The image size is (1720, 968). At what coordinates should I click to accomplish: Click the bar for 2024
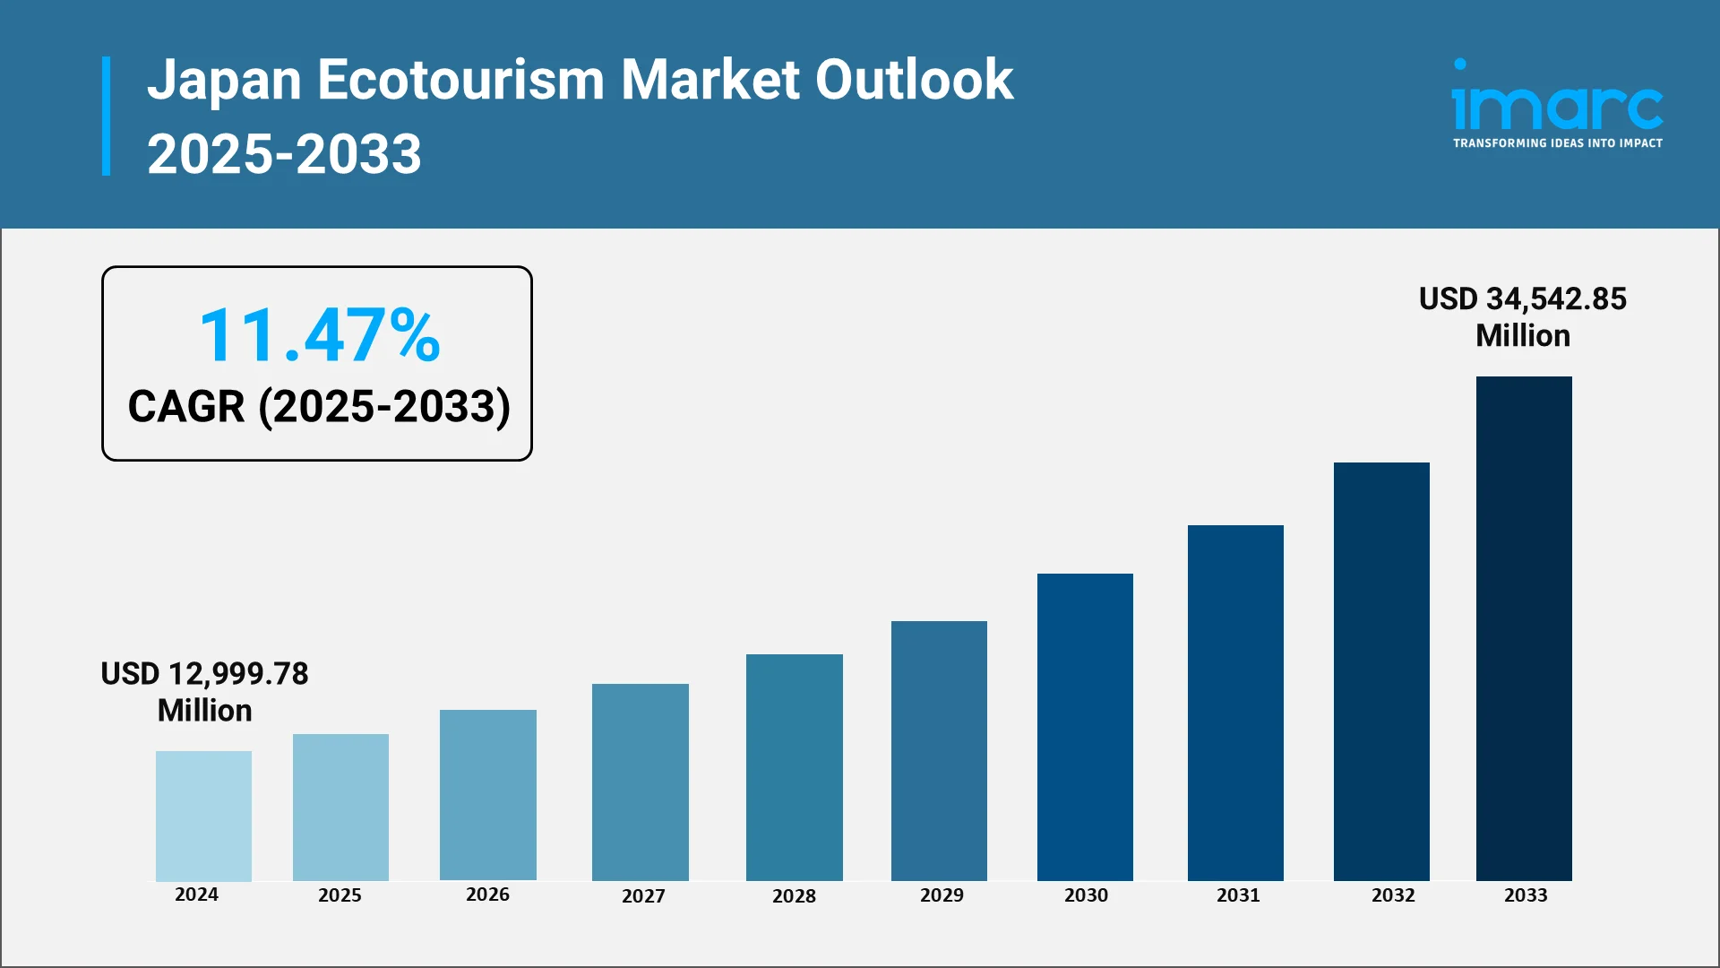[x=203, y=816]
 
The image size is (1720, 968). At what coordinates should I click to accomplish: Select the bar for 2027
[x=640, y=782]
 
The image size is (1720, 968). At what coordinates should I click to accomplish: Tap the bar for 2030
[x=1085, y=727]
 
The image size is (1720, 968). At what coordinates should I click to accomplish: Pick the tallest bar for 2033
[x=1524, y=628]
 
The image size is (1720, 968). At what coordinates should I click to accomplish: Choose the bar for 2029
[x=939, y=750]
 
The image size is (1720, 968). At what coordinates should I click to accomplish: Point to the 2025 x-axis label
[x=340, y=895]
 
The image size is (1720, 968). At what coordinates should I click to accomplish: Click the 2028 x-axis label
[x=794, y=895]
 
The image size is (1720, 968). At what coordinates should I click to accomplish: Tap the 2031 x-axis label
[x=1238, y=895]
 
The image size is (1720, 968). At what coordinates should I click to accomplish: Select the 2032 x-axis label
[x=1393, y=895]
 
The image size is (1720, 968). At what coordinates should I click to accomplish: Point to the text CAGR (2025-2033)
[x=319, y=406]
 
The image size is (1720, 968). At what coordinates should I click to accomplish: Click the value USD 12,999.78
[x=204, y=673]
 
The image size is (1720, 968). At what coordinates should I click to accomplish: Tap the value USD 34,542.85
[x=1522, y=298]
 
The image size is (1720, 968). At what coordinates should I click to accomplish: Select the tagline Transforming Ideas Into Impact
[x=1557, y=143]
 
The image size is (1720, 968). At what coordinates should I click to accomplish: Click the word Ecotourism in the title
[x=461, y=80]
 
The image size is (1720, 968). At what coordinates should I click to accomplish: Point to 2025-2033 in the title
[x=284, y=153]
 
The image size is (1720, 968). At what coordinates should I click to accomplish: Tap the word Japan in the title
[x=224, y=80]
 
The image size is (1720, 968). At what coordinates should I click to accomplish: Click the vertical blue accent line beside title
[x=107, y=117]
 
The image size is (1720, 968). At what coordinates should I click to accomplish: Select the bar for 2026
[x=487, y=794]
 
